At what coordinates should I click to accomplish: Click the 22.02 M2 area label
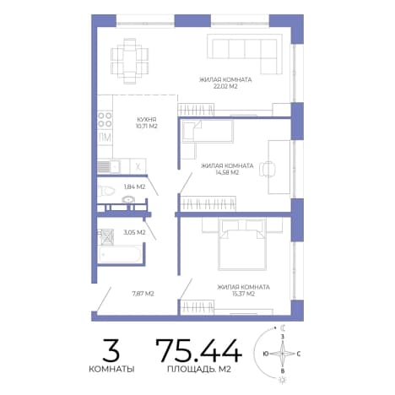(225, 86)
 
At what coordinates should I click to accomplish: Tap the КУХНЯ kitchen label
(146, 120)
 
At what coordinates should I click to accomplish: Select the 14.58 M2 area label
(227, 172)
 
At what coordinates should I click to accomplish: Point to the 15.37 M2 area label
(243, 294)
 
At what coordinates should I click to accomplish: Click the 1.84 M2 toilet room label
(134, 187)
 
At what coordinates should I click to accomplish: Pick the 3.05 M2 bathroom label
(134, 232)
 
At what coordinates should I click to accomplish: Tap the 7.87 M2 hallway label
(143, 294)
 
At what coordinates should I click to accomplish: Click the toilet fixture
(106, 192)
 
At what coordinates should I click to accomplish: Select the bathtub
(120, 254)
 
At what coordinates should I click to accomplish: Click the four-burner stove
(105, 120)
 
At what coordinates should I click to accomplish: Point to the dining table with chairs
(129, 61)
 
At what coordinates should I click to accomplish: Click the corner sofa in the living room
(245, 54)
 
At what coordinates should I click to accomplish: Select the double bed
(242, 244)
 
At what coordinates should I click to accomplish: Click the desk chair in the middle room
(268, 170)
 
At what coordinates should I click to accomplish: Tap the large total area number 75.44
(199, 350)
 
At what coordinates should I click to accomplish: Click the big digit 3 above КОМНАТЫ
(111, 350)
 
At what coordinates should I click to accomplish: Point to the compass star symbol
(283, 353)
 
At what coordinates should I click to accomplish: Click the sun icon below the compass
(282, 380)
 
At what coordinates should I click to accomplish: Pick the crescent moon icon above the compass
(284, 327)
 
